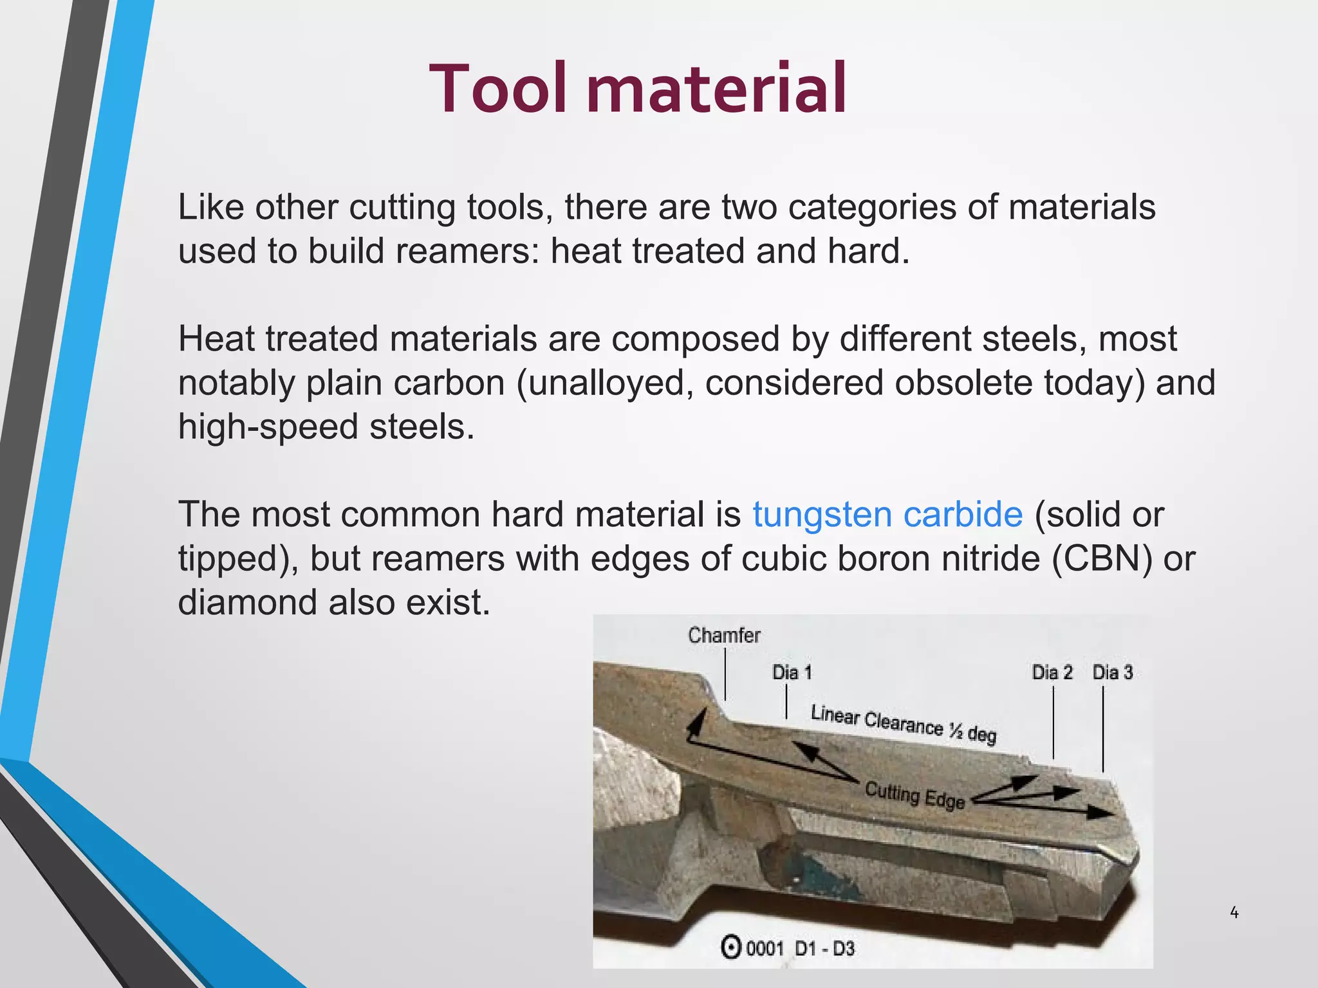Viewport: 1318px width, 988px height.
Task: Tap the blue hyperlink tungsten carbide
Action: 887,515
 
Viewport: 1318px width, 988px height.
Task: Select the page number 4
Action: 1234,912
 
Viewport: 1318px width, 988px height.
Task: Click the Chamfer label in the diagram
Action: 724,636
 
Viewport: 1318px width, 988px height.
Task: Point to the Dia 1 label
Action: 792,673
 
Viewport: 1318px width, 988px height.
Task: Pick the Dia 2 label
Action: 1052,673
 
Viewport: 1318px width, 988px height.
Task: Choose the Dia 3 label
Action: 1112,673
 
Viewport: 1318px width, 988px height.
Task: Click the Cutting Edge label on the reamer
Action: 914,795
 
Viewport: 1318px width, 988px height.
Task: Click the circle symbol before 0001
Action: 730,948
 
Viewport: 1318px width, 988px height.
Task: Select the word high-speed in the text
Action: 268,427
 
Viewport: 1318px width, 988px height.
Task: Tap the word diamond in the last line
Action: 247,603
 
